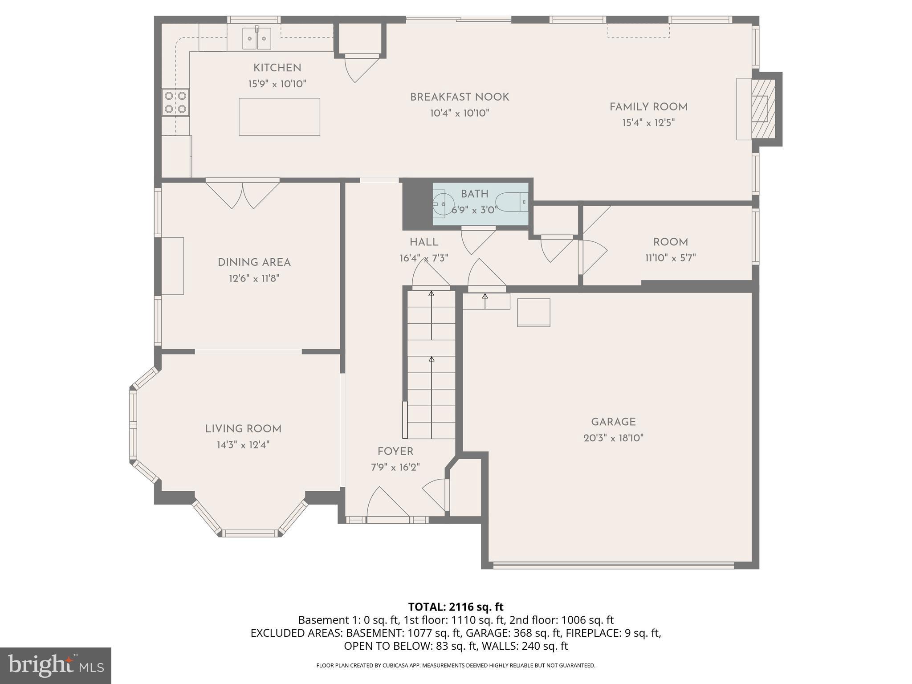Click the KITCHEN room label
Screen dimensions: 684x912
click(277, 68)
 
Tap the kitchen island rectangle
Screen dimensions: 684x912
click(279, 117)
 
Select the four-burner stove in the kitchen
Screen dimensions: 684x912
click(175, 102)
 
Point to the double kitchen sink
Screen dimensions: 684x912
click(256, 38)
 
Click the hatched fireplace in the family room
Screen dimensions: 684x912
click(763, 109)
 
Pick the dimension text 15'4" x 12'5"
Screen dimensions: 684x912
click(648, 123)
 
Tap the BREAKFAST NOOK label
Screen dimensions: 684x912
click(459, 97)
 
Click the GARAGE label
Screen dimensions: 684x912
click(613, 422)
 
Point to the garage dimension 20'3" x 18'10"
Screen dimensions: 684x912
click(613, 438)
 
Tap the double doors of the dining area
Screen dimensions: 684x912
click(243, 194)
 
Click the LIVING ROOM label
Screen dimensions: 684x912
click(243, 429)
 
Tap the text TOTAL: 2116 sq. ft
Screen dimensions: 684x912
click(456, 607)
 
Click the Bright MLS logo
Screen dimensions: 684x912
click(56, 665)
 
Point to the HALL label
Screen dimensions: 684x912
click(424, 242)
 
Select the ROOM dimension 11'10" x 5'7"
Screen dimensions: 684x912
click(670, 258)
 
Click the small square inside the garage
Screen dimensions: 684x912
click(533, 313)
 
